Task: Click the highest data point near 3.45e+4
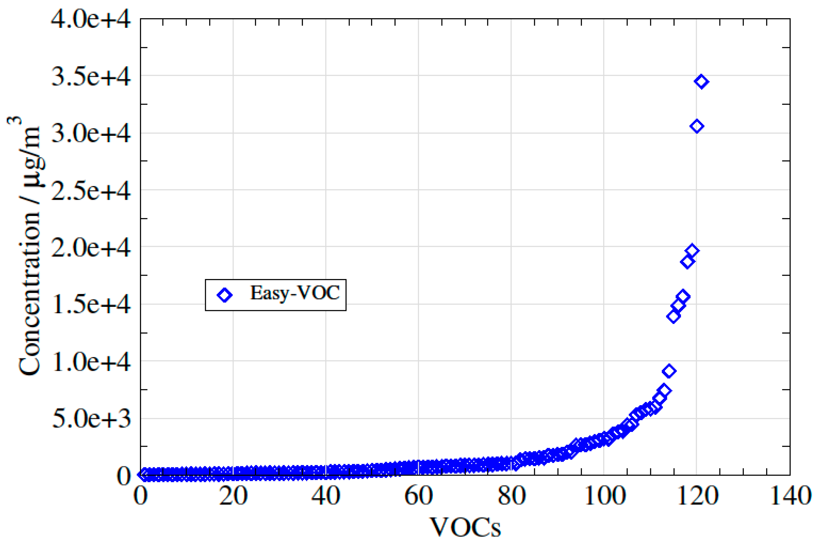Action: (x=701, y=82)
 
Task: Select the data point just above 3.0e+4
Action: (x=697, y=126)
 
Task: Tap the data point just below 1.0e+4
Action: (x=669, y=371)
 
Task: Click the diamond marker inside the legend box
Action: (x=224, y=295)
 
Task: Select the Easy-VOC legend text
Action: (x=294, y=293)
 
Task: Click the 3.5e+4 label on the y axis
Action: (x=91, y=77)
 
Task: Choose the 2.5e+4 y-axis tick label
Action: (x=91, y=191)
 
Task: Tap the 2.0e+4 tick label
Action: (x=91, y=248)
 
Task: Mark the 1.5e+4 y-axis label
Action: (x=91, y=305)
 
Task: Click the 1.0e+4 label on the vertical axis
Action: (x=91, y=362)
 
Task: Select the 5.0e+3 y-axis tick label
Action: (x=91, y=419)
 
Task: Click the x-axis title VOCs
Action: (x=465, y=528)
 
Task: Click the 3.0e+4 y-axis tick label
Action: (x=91, y=134)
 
